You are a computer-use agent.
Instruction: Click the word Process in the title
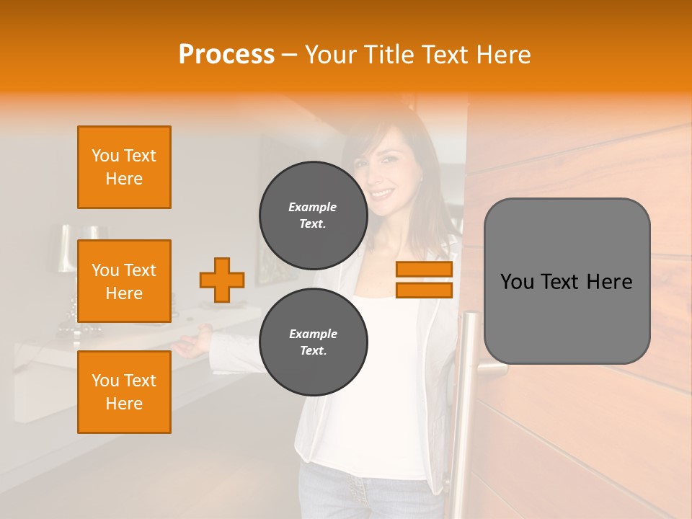(226, 55)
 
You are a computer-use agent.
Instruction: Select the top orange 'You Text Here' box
(124, 167)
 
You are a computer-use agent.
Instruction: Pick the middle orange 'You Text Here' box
(124, 281)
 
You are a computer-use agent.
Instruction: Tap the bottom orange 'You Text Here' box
(124, 391)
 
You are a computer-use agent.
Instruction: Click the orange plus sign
(222, 280)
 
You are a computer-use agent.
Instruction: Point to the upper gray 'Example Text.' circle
(313, 215)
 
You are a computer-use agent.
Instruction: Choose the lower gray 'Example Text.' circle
(313, 342)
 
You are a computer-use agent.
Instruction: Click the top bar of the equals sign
(424, 270)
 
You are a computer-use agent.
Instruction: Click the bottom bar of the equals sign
(424, 290)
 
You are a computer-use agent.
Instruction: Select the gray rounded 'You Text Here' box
(567, 281)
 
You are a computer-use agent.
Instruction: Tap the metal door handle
(470, 389)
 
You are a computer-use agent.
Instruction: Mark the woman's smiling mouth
(383, 193)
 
